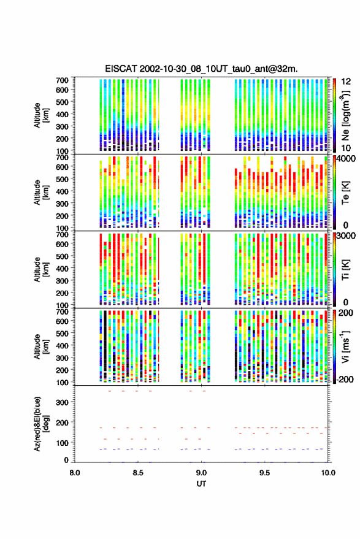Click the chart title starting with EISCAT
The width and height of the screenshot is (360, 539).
point(201,69)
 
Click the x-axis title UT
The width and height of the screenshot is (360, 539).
point(201,484)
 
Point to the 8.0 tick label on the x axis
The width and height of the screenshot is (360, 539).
point(75,473)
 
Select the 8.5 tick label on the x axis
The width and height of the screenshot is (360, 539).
point(138,473)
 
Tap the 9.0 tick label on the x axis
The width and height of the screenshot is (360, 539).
point(202,473)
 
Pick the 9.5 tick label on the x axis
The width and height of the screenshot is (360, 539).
point(265,473)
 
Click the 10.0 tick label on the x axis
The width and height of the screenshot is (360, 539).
point(328,473)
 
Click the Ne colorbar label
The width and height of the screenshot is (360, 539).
point(346,116)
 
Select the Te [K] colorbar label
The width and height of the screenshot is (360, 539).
point(345,193)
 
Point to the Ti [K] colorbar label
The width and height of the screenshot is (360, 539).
point(345,270)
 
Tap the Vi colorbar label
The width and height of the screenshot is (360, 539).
point(345,347)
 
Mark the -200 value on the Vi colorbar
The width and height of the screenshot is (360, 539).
point(345,380)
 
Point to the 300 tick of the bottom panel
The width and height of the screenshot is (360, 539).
point(62,402)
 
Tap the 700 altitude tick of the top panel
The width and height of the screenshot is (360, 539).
point(62,80)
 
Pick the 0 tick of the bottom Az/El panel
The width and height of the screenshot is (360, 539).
point(66,460)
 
